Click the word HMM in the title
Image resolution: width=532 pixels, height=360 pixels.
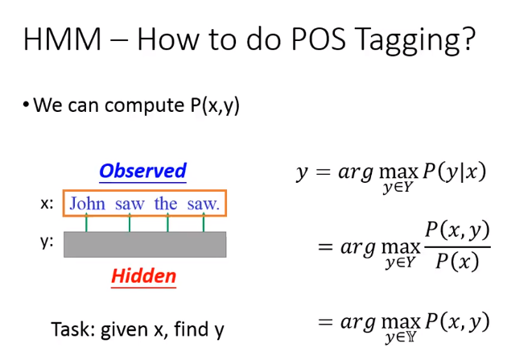(x=63, y=39)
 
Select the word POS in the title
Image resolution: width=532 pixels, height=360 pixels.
(x=319, y=39)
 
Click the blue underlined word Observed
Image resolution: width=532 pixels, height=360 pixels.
(x=142, y=171)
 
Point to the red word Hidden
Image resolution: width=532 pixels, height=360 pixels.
(x=143, y=275)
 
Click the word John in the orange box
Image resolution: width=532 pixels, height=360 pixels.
(x=87, y=204)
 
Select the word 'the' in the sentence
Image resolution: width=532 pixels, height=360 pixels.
(x=166, y=204)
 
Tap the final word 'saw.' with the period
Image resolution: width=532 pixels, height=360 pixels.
(x=204, y=205)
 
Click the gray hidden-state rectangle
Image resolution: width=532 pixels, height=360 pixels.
(x=145, y=245)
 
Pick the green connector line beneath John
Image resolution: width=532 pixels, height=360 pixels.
(x=86, y=222)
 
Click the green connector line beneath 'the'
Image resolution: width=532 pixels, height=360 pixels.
(x=167, y=222)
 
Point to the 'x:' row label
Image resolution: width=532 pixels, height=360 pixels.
(x=47, y=204)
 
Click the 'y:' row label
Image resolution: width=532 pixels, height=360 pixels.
(x=47, y=242)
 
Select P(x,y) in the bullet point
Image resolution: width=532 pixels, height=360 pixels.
(x=215, y=106)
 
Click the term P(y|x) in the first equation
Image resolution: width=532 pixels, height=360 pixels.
(x=454, y=172)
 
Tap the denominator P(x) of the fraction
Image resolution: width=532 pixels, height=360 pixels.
(x=457, y=262)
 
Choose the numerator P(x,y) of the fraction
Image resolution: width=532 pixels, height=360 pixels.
(x=457, y=230)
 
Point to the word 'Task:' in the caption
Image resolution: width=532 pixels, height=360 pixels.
(x=73, y=329)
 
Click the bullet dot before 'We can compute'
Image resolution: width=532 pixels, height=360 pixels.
(x=26, y=105)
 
